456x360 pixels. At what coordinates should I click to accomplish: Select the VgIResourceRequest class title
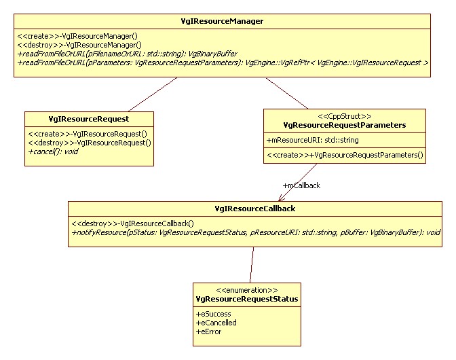pos(88,118)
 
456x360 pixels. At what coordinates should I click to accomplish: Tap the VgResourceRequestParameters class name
pos(344,124)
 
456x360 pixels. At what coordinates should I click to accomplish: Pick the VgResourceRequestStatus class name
pos(246,299)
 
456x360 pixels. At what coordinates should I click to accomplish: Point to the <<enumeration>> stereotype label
pos(246,289)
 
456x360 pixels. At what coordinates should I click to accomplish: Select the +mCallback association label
pos(301,185)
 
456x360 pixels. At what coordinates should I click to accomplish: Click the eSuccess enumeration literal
pos(214,314)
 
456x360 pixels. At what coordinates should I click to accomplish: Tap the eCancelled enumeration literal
pos(216,323)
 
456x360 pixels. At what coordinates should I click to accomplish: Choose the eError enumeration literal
pos(209,331)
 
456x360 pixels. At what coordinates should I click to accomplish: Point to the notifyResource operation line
pos(256,232)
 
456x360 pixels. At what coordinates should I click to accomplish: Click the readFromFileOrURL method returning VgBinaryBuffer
pos(127,53)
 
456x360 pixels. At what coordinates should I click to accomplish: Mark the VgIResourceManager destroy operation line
pos(79,44)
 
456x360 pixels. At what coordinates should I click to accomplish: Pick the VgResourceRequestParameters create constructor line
pos(345,155)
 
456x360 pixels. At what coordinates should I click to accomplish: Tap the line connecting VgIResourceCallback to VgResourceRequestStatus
pos(252,264)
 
